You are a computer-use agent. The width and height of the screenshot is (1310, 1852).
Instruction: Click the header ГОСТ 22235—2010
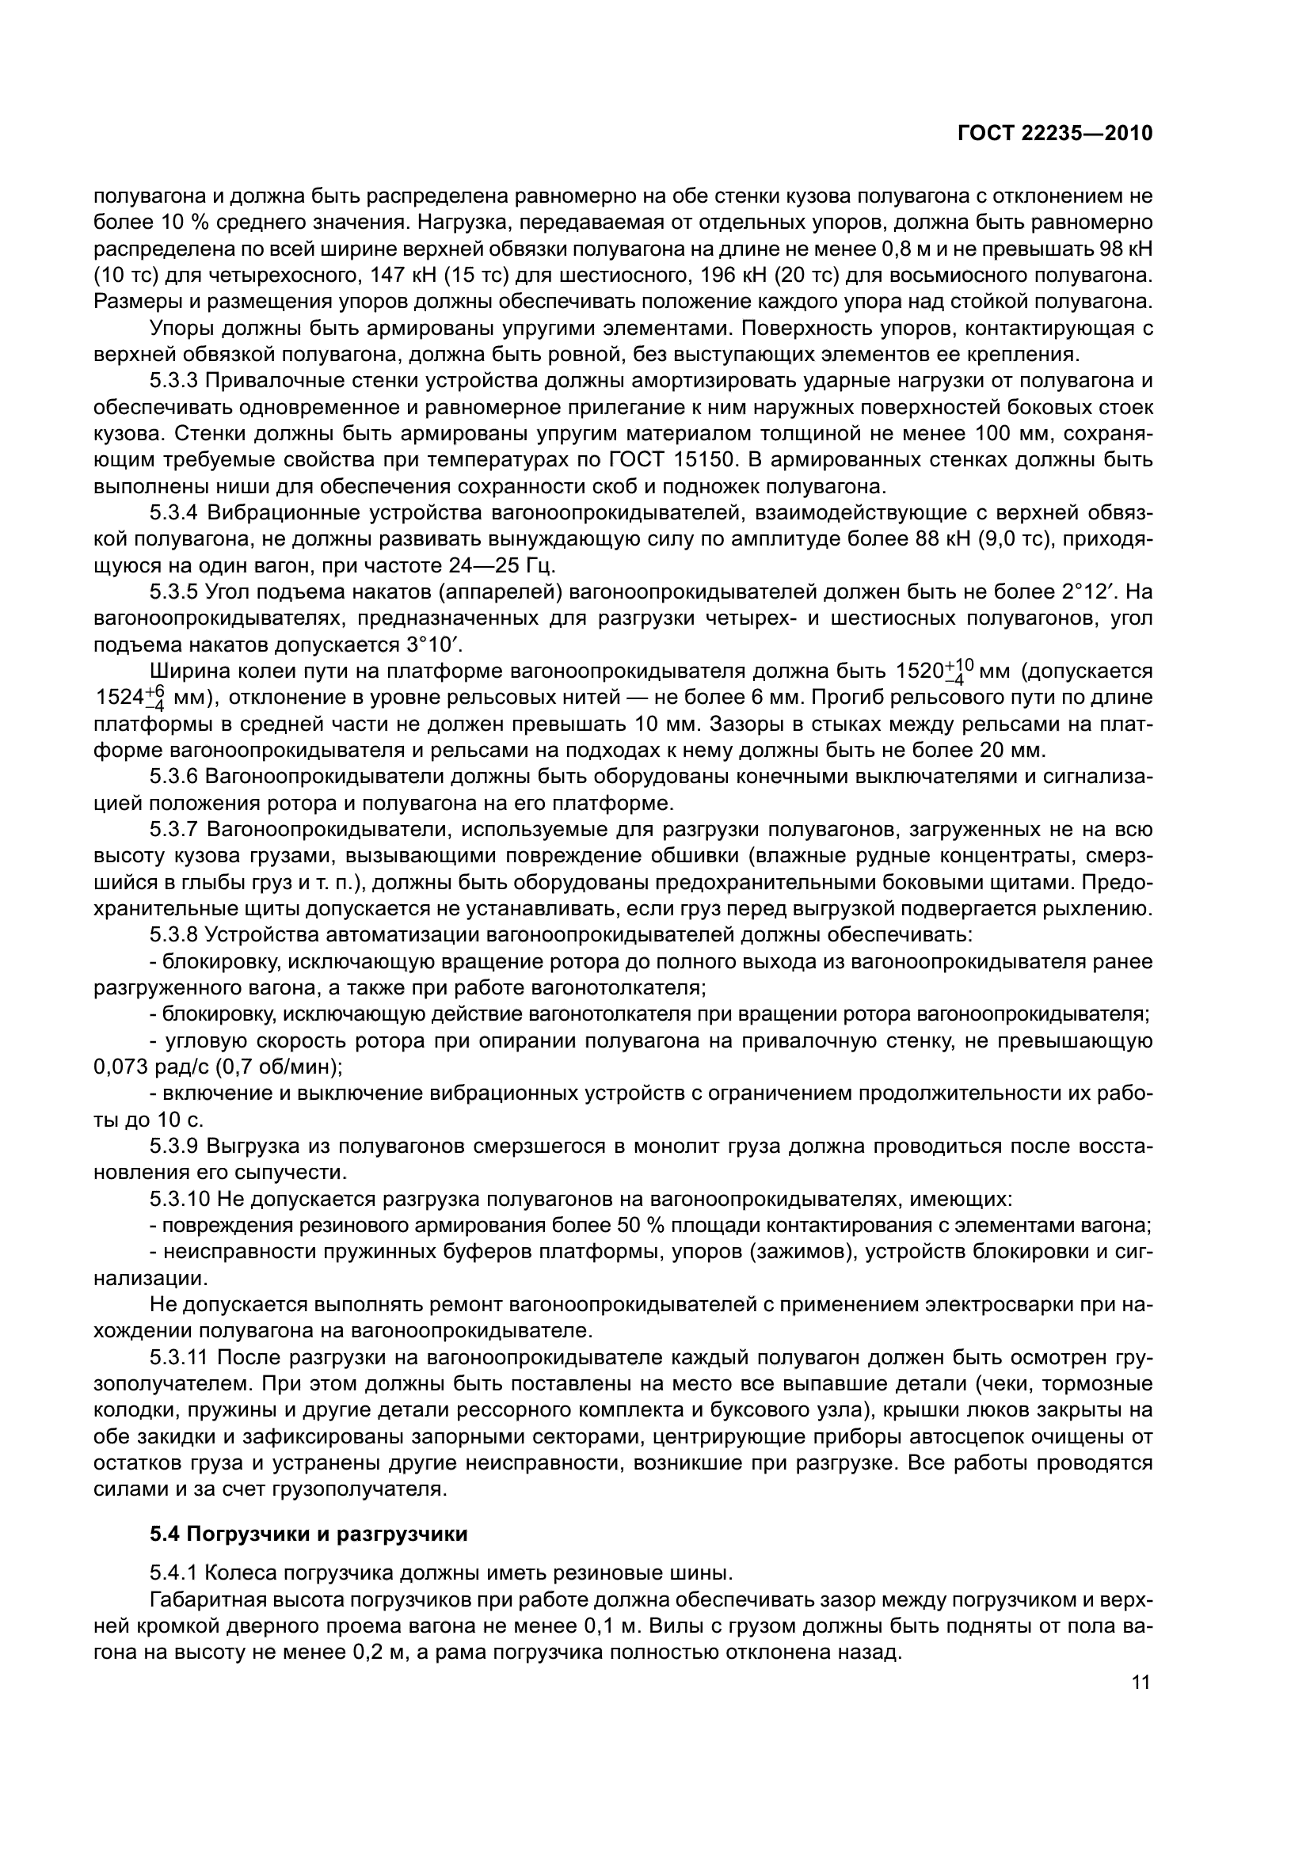pos(1054,134)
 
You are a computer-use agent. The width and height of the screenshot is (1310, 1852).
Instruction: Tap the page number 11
pos(1141,1682)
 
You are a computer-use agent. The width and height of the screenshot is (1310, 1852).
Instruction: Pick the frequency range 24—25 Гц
pos(489,565)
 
